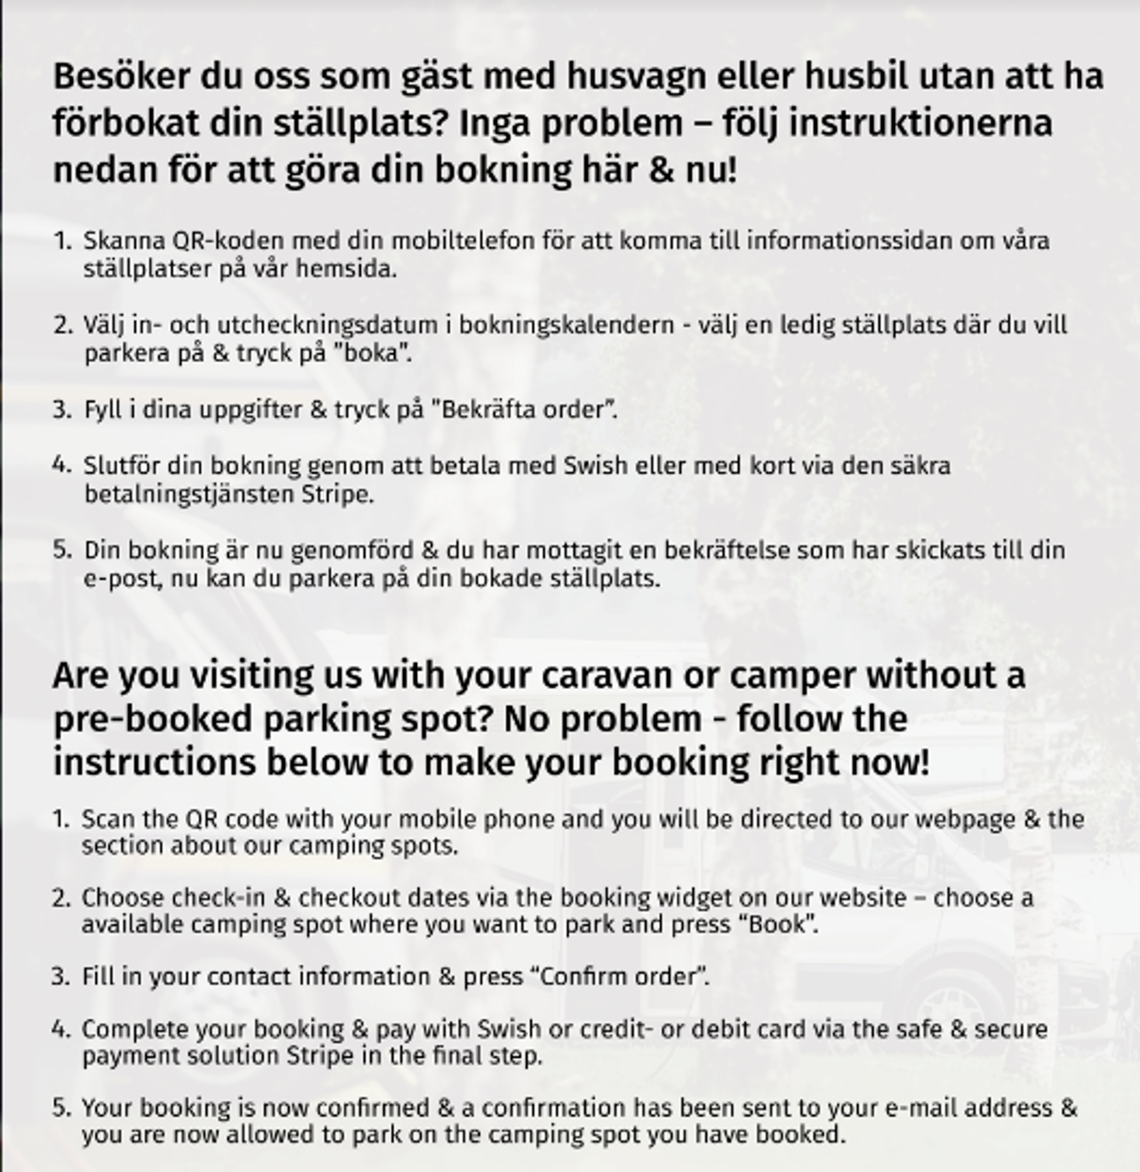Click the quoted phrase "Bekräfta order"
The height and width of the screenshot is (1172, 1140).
(x=524, y=410)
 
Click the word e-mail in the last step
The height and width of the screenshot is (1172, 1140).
(x=917, y=1107)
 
